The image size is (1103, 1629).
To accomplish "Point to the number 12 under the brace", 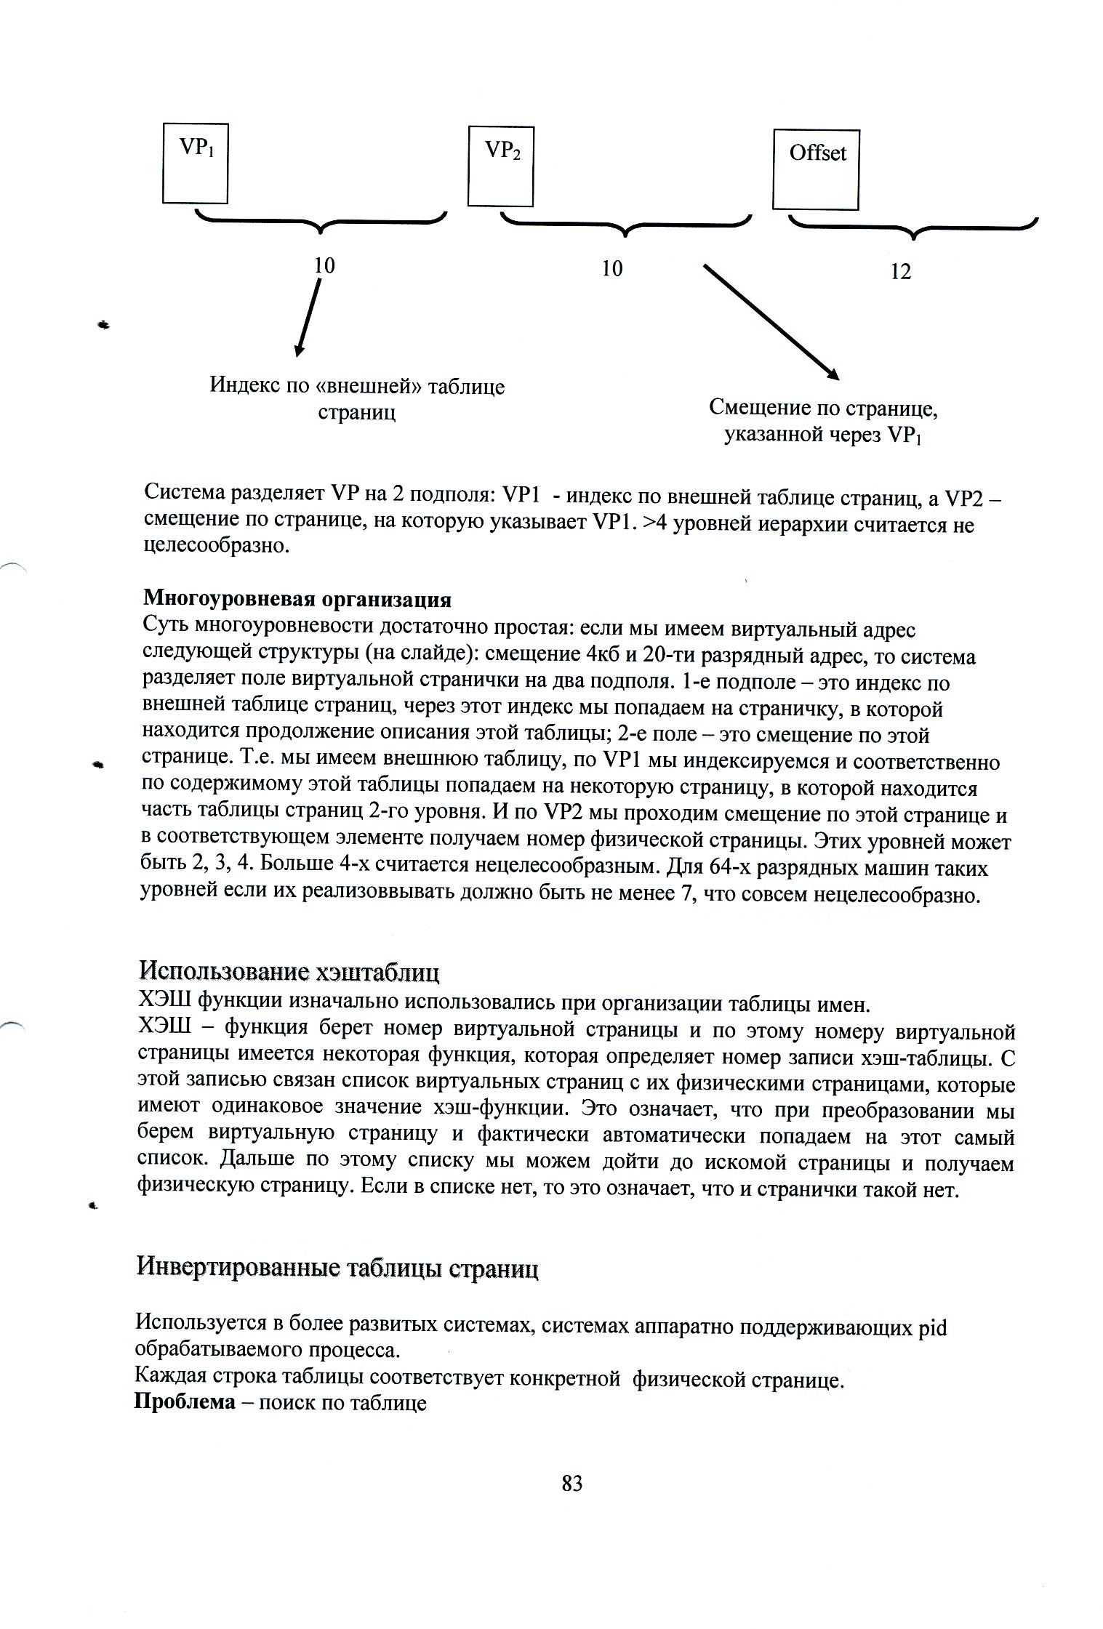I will (900, 272).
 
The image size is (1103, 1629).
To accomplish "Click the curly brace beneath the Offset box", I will (913, 228).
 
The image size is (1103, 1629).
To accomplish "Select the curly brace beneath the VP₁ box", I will (321, 222).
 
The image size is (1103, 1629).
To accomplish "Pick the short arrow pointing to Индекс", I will (308, 317).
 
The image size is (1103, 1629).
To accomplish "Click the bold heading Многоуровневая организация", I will (297, 600).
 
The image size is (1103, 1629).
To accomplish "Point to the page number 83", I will (572, 1483).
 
